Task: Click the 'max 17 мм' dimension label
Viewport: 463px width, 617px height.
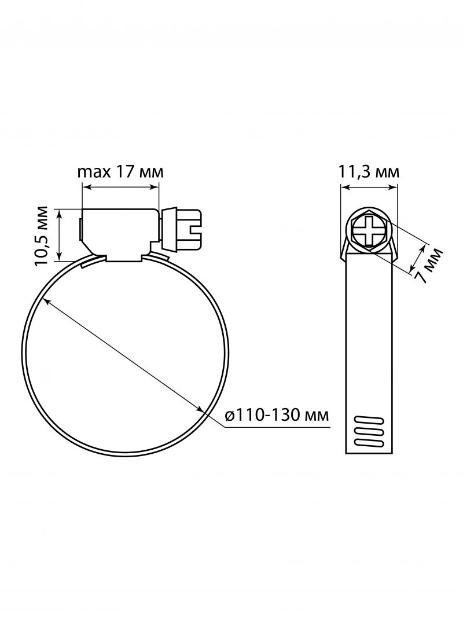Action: click(x=120, y=172)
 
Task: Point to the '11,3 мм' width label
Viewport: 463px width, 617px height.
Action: click(x=369, y=172)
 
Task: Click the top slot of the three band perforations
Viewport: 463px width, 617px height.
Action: click(x=369, y=420)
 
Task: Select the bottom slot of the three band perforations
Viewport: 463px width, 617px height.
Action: click(x=369, y=443)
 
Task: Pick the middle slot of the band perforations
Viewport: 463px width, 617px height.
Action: click(x=369, y=431)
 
